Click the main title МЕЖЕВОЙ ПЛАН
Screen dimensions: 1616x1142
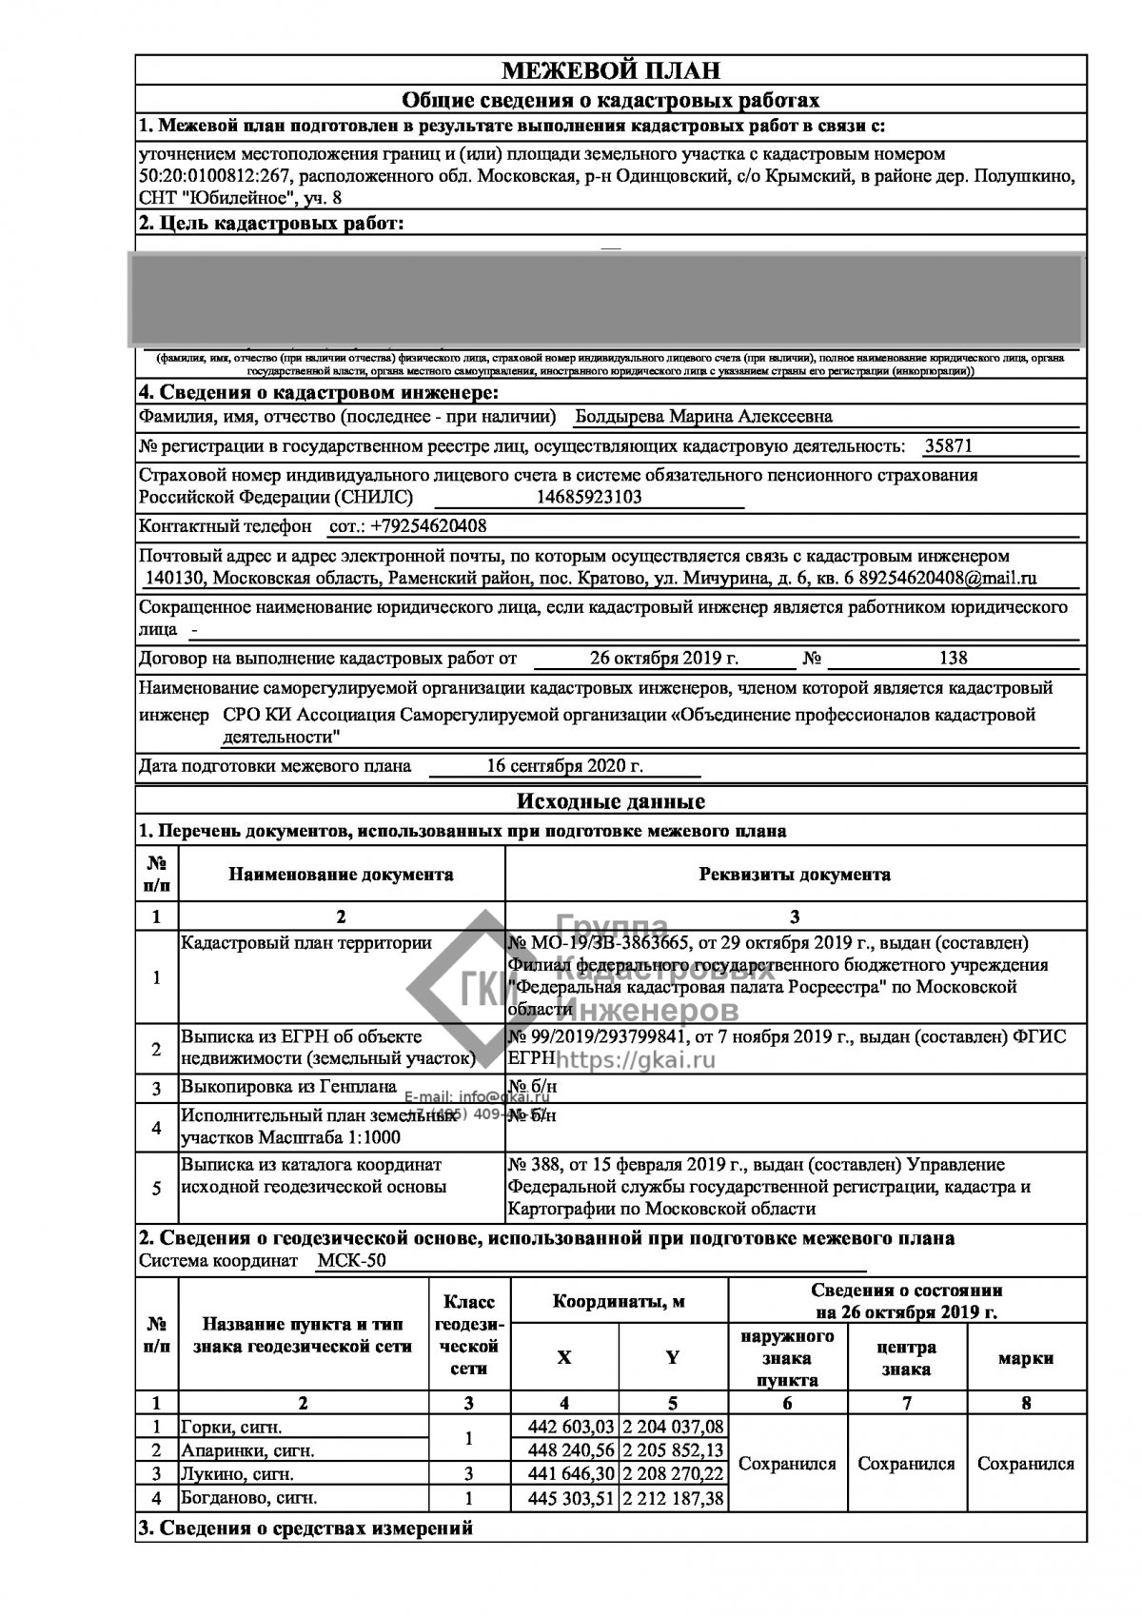click(x=610, y=70)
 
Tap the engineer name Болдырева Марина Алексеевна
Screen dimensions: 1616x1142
click(x=704, y=416)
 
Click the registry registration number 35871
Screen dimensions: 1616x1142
click(x=949, y=445)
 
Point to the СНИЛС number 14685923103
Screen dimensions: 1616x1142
click(x=589, y=497)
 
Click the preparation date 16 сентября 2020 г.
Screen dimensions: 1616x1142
click(x=564, y=765)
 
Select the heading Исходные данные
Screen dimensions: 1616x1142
click(x=610, y=801)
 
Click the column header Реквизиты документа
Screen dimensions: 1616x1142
click(x=795, y=874)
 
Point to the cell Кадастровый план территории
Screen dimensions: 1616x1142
click(x=306, y=943)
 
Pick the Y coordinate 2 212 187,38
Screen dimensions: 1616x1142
click(x=673, y=1498)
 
